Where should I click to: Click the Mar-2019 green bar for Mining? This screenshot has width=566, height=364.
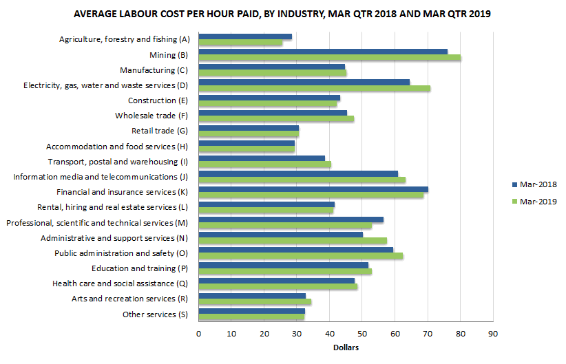[x=329, y=58]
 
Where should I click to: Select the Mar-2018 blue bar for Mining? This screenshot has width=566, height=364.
[x=322, y=52]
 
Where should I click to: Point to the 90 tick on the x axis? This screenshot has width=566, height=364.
[x=492, y=334]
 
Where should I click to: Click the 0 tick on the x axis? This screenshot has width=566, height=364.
[x=198, y=334]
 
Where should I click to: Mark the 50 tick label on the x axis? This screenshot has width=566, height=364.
[x=362, y=334]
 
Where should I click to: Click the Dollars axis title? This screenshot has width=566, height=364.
[x=346, y=347]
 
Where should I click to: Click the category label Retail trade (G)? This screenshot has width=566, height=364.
[x=159, y=131]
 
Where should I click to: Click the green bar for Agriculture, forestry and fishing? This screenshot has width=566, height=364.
[x=240, y=43]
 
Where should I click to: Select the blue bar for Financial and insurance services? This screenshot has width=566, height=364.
[x=313, y=189]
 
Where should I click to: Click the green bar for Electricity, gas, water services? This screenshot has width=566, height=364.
[x=314, y=88]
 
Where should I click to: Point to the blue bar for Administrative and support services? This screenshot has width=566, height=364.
[x=280, y=235]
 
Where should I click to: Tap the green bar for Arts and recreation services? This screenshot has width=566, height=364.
[x=255, y=301]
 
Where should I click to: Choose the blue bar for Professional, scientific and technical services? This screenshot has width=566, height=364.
[x=291, y=220]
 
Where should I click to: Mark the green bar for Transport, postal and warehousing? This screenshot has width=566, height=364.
[x=264, y=164]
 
